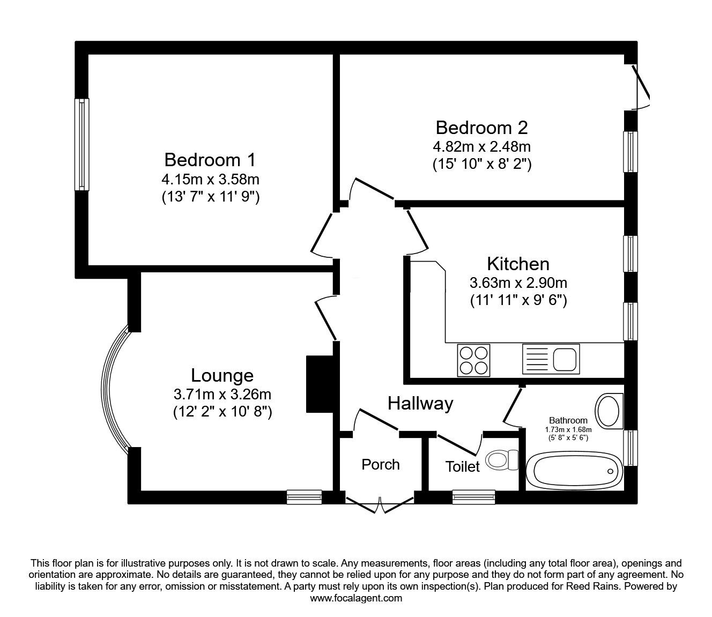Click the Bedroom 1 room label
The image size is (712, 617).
click(x=210, y=160)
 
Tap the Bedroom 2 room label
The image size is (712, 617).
click(x=481, y=128)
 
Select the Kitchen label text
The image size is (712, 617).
click(x=518, y=264)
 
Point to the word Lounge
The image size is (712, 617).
click(x=222, y=375)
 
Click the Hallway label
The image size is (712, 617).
click(x=420, y=404)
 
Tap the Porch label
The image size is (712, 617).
click(x=381, y=465)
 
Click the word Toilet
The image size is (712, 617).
click(x=463, y=466)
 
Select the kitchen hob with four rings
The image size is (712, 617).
click(x=473, y=360)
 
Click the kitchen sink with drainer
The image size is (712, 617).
click(x=551, y=359)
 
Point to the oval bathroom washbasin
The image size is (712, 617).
click(x=609, y=411)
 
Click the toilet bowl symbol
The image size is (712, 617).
click(x=501, y=459)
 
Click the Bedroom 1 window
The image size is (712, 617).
click(x=81, y=144)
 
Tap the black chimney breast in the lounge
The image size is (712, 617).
click(x=320, y=384)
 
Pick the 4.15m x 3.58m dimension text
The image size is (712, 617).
click(x=211, y=180)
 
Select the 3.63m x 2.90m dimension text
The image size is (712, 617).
click(x=518, y=283)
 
